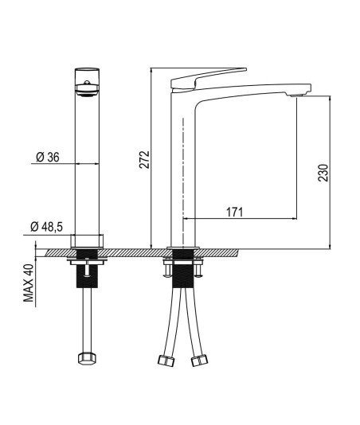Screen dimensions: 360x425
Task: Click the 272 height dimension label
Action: coord(144,160)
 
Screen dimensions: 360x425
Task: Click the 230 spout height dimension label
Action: coord(323,173)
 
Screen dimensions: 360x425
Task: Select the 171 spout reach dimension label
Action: coord(235,212)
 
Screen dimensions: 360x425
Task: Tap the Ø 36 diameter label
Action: coord(48,158)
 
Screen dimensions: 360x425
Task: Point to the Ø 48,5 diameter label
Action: coord(47,227)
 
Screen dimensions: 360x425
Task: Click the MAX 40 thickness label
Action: coord(29,283)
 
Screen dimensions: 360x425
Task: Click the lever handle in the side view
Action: coord(209,79)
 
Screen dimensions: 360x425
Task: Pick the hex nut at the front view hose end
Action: coord(88,358)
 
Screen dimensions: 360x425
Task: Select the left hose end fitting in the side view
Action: coord(166,361)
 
